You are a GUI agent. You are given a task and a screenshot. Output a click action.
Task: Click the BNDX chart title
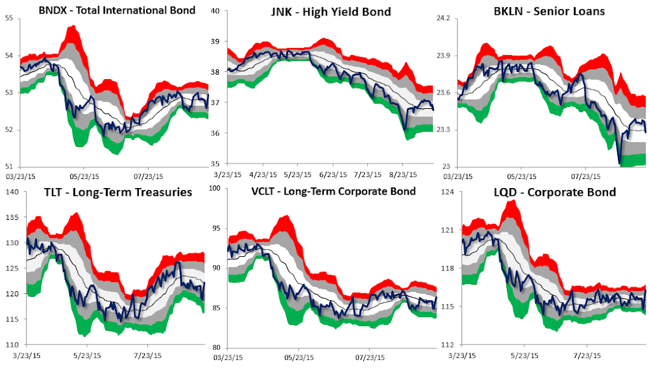pyautogui.click(x=116, y=10)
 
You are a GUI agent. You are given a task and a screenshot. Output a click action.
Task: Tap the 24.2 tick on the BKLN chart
pyautogui.click(x=443, y=18)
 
